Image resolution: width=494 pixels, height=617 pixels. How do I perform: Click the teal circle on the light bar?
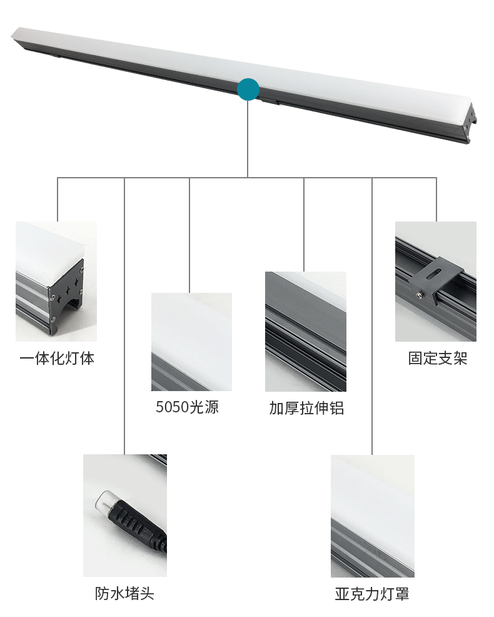(x=248, y=89)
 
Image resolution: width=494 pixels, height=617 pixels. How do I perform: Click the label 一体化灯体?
(x=57, y=359)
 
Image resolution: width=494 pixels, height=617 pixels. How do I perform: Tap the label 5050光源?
(x=187, y=407)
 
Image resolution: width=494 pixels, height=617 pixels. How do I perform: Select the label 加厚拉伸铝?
(x=306, y=409)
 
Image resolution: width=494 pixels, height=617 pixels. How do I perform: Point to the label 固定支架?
(x=437, y=359)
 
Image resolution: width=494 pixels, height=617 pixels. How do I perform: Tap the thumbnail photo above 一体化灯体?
(x=56, y=281)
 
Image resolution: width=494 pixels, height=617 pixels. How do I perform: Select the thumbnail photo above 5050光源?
(x=191, y=342)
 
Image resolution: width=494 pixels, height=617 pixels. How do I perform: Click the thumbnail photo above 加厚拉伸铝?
(x=305, y=331)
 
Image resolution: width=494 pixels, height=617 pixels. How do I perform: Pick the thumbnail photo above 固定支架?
(x=435, y=281)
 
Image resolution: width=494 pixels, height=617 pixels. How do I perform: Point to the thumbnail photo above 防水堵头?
(x=125, y=515)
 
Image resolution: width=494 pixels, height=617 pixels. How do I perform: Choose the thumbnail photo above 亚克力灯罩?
(x=372, y=516)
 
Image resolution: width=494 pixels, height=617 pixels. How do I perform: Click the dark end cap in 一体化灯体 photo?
(x=69, y=294)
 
